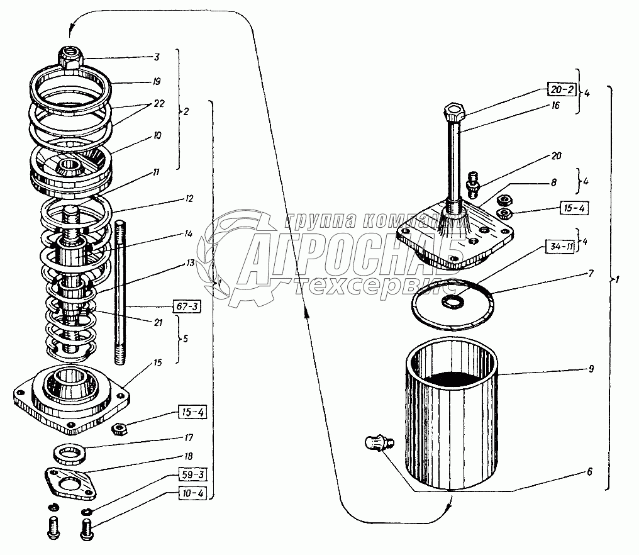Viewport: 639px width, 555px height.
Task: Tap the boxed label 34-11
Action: click(560, 247)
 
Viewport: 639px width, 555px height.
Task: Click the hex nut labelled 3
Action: click(70, 57)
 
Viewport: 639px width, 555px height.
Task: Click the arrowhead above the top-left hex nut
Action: click(72, 28)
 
